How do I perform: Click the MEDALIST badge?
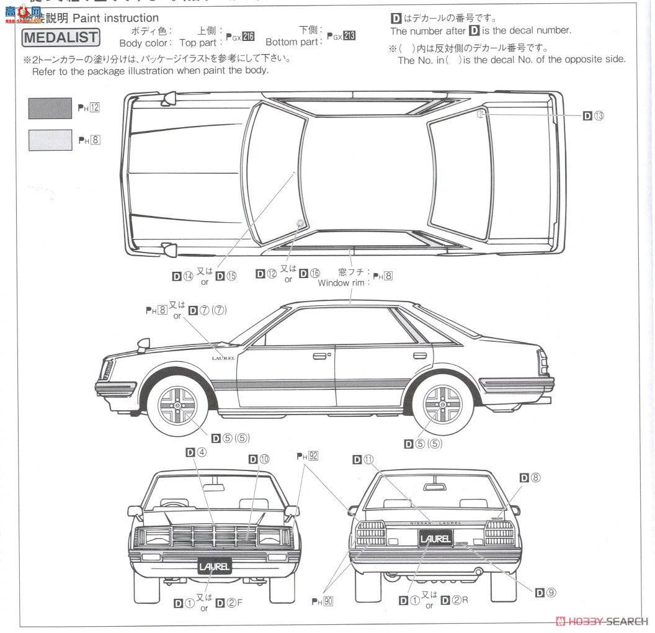click(61, 37)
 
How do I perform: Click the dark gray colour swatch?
click(50, 108)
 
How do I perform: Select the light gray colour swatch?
click(50, 140)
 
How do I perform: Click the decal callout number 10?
click(259, 459)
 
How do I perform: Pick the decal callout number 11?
click(363, 459)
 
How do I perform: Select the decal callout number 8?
click(530, 477)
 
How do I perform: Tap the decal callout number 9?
click(546, 592)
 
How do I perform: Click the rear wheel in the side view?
click(443, 406)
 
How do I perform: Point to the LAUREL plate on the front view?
click(215, 566)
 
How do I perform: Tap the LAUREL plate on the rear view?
click(435, 538)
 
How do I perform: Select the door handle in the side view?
click(321, 356)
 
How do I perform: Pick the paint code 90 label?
click(323, 601)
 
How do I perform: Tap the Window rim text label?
click(343, 283)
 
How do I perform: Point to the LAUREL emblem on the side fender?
click(224, 357)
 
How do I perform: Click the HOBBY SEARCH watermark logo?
click(602, 621)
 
